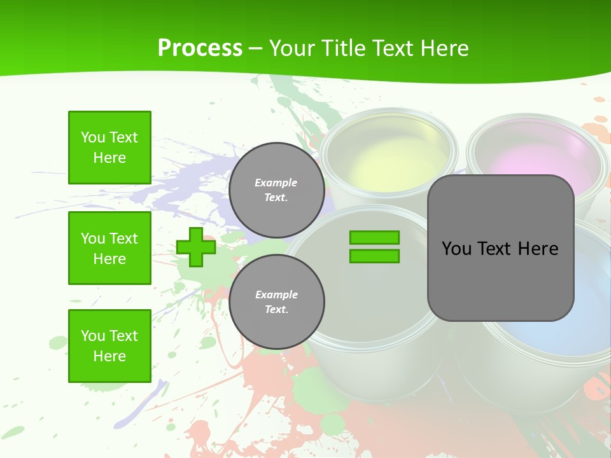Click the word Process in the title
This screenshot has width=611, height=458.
pyautogui.click(x=200, y=48)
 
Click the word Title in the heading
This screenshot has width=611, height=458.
pyautogui.click(x=343, y=48)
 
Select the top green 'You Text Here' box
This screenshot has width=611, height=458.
pyautogui.click(x=109, y=148)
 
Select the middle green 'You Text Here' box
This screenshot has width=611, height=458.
pyautogui.click(x=109, y=248)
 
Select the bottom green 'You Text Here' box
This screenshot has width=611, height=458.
pyautogui.click(x=109, y=345)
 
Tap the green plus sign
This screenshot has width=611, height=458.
pyautogui.click(x=195, y=247)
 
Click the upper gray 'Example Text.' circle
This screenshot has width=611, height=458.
pyautogui.click(x=276, y=190)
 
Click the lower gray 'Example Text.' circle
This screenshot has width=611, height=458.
pyautogui.click(x=276, y=302)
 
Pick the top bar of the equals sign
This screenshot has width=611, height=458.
pyautogui.click(x=374, y=237)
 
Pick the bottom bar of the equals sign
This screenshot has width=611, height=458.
pyautogui.click(x=374, y=256)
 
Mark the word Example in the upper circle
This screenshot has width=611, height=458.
pyautogui.click(x=276, y=183)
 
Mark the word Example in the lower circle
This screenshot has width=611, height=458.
pyautogui.click(x=276, y=295)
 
